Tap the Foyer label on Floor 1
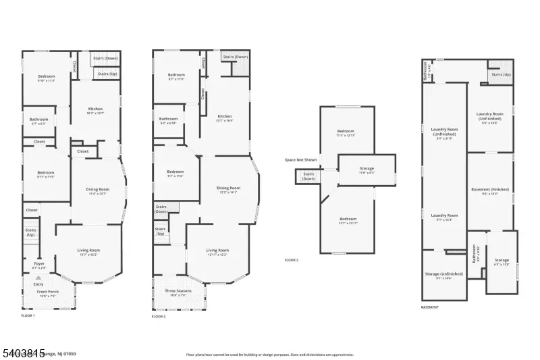click(x=39, y=265)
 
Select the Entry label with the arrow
click(x=38, y=284)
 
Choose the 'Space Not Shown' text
click(x=300, y=160)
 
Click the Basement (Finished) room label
click(x=489, y=191)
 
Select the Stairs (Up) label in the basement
click(x=501, y=74)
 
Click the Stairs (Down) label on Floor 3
click(x=308, y=176)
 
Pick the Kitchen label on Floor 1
click(x=95, y=111)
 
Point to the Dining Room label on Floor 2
click(x=227, y=189)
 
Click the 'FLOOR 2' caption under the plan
click(x=159, y=316)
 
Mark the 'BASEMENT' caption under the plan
click(x=430, y=307)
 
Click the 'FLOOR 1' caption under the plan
click(x=28, y=315)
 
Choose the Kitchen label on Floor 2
click(x=223, y=118)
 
